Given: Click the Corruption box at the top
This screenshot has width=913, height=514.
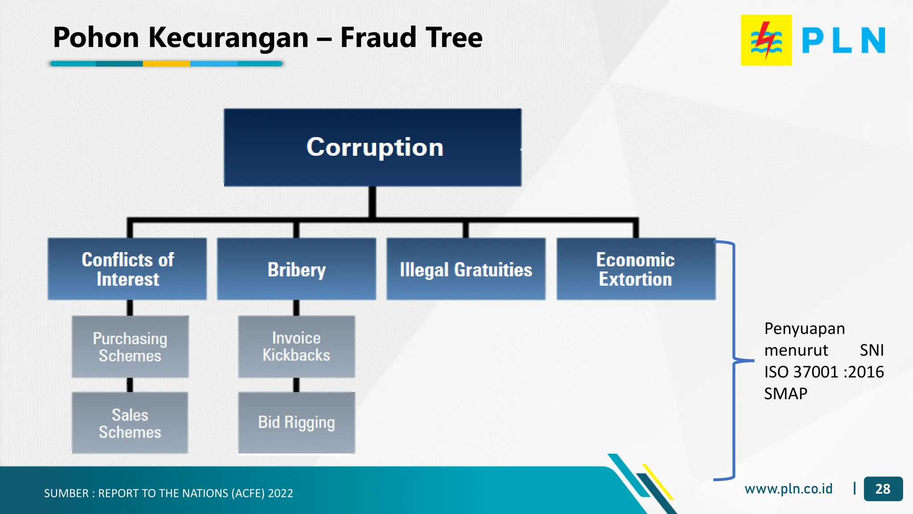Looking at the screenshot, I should point(373,147).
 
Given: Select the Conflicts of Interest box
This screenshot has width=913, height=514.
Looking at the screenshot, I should point(127,269).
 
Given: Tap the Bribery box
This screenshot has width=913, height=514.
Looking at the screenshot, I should point(296,269).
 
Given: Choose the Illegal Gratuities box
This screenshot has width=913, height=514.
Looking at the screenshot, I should point(466,269).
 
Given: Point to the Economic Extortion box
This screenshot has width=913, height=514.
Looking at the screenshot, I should point(636,269).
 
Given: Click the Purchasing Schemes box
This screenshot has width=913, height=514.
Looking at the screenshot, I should point(130,347).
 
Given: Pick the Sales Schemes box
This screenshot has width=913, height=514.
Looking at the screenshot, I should point(130,423).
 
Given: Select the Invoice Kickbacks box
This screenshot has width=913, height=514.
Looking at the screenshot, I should point(296,347).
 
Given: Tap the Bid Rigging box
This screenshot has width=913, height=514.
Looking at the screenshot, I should point(296,423).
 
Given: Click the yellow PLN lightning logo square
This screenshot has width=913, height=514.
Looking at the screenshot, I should point(766,40).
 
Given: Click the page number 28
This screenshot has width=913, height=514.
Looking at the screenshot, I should point(883,489).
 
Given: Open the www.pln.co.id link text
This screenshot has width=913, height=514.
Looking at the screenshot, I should point(788,489).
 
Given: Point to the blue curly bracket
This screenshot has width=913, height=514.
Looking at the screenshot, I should point(733,360).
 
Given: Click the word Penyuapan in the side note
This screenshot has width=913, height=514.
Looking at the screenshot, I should point(804,329).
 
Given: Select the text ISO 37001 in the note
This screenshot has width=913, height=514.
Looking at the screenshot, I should point(801,372).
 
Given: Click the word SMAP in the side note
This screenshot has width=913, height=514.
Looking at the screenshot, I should point(786,394).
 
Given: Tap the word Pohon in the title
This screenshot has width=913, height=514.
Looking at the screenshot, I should point(96,37).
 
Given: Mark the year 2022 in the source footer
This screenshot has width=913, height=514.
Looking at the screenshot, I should point(280,493).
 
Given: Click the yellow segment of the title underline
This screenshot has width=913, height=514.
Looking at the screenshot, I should point(166,64).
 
